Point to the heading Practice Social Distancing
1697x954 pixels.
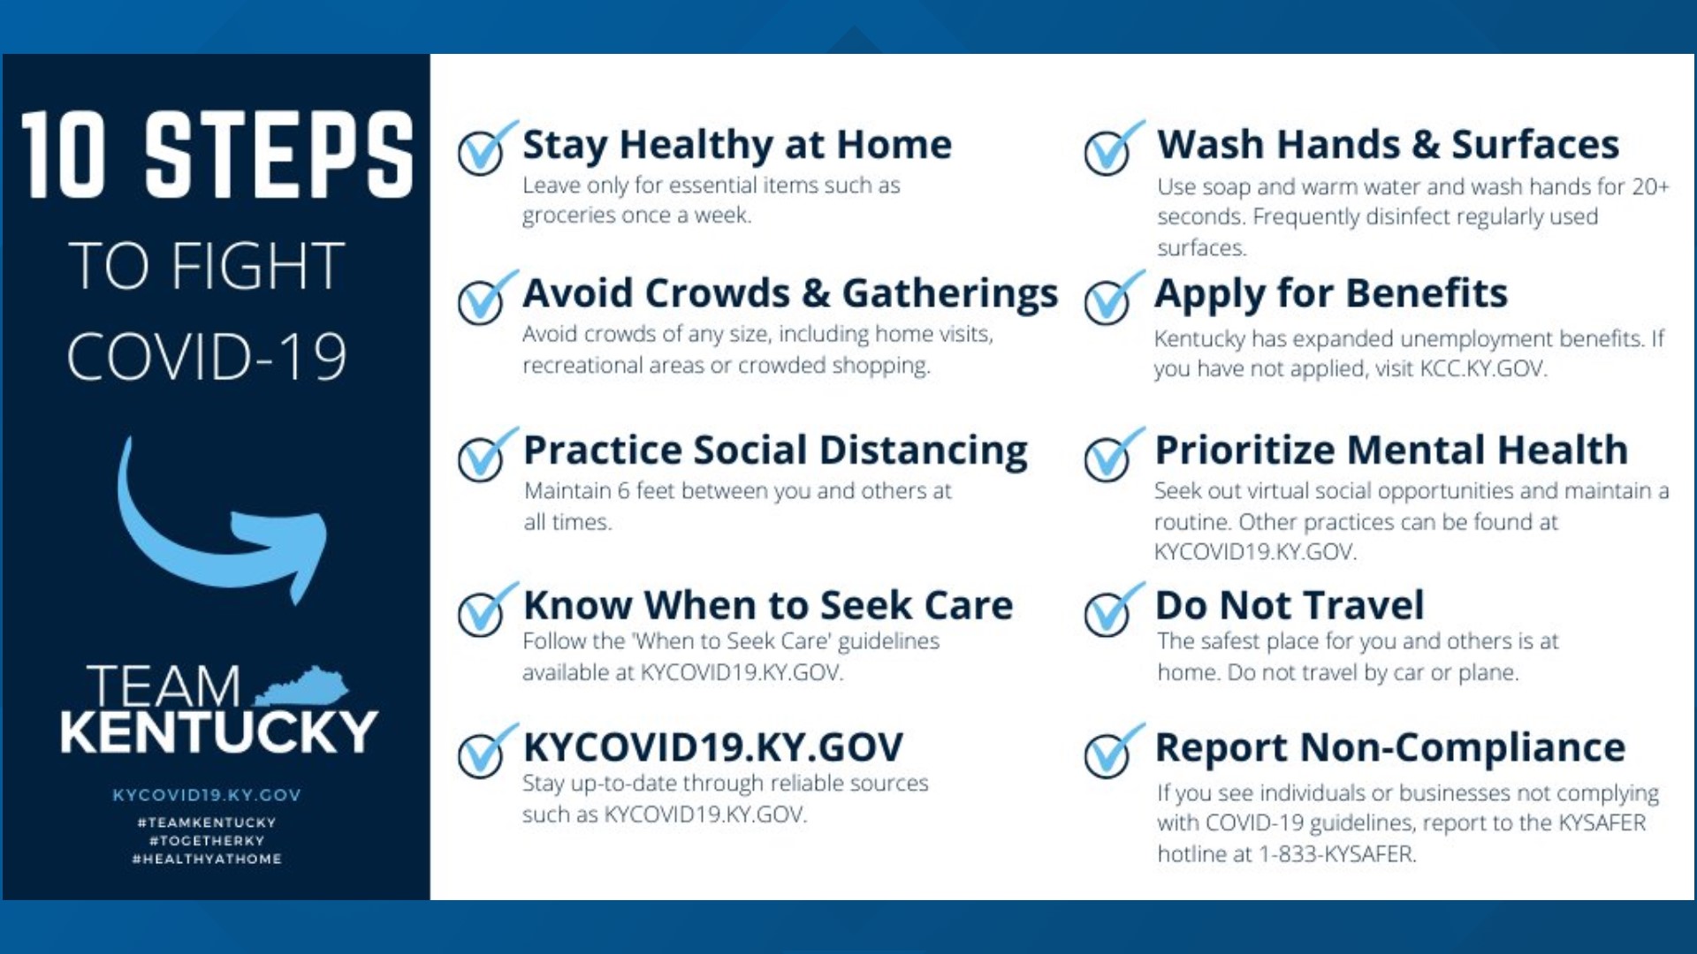[x=775, y=450]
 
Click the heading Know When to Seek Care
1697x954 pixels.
[x=768, y=605]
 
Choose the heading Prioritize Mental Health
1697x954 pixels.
[x=1391, y=450]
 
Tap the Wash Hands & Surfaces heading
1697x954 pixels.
[x=1388, y=144]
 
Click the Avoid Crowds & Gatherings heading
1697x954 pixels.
[x=790, y=294]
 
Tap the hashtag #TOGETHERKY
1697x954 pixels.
[x=207, y=841]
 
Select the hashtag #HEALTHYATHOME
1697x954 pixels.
[x=207, y=859]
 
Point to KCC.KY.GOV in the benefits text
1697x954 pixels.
[x=1482, y=368]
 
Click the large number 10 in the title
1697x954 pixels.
[x=63, y=154]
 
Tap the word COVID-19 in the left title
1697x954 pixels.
[x=207, y=357]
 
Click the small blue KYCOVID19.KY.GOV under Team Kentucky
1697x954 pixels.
[x=207, y=795]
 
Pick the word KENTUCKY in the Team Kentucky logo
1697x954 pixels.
[x=218, y=731]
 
